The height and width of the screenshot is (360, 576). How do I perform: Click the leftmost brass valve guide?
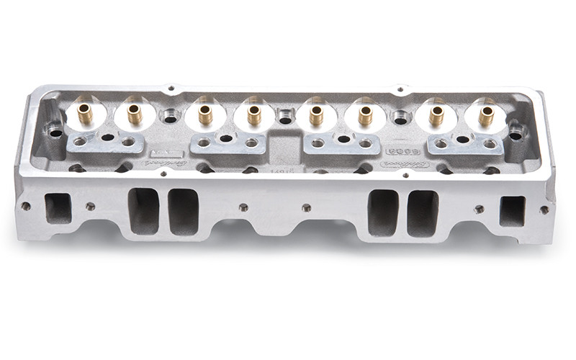pos(86,113)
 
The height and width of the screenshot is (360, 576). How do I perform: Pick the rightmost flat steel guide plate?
pos(465,144)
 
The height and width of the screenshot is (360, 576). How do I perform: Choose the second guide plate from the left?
pos(228,143)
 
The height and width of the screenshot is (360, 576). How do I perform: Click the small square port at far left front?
pos(58,208)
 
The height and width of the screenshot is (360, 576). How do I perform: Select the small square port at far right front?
pos(513,211)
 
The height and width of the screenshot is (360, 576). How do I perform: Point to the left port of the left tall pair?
pos(143,210)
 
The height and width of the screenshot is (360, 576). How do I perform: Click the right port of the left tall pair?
pos(183,212)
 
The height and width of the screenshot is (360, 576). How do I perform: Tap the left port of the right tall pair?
pos(383,213)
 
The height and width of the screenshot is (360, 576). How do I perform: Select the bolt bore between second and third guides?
pos(170,116)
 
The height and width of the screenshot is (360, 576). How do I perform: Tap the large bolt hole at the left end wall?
pos(55,132)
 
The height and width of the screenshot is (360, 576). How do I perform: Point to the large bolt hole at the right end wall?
pos(516,135)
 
